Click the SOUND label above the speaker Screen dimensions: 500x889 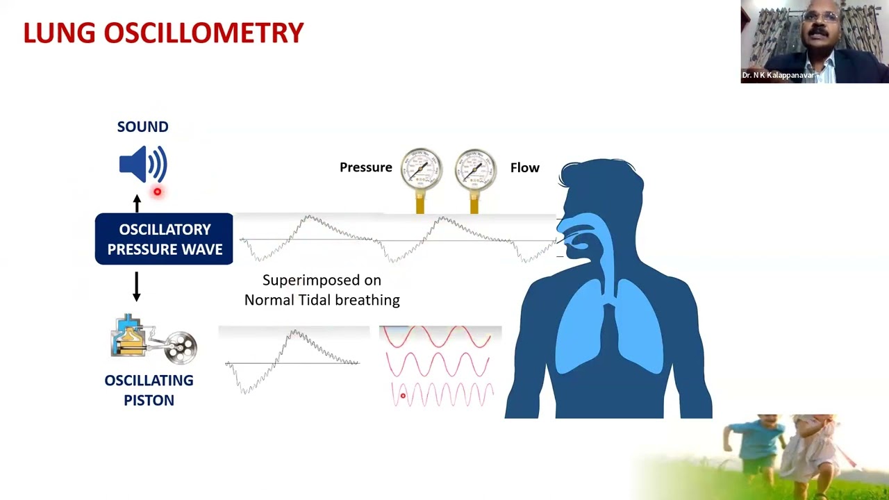click(x=142, y=126)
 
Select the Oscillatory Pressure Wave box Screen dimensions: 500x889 click(x=164, y=239)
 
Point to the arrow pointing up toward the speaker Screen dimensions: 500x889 click(x=137, y=203)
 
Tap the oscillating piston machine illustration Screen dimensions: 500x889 click(x=153, y=340)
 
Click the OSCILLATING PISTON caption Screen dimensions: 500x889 click(x=149, y=390)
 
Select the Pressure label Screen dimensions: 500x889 click(x=365, y=167)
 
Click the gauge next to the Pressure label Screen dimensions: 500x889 click(x=421, y=169)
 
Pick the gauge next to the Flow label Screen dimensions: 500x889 click(x=475, y=169)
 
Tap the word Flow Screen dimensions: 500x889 click(x=524, y=167)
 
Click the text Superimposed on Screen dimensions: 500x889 click(x=322, y=281)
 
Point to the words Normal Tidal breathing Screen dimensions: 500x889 click(x=322, y=300)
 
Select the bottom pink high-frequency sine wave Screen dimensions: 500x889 click(x=442, y=395)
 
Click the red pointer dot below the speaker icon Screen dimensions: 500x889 click(x=158, y=192)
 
